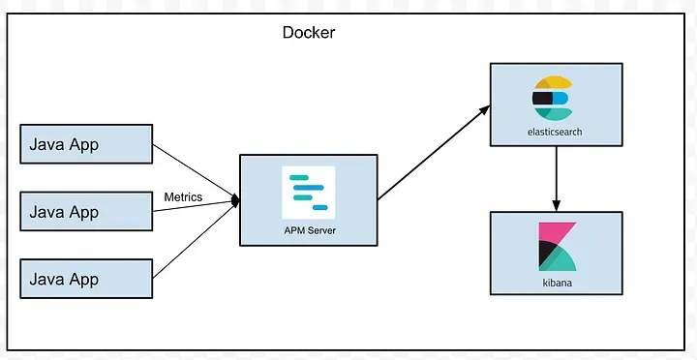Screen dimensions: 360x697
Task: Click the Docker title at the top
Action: (x=309, y=32)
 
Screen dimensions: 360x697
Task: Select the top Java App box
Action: (x=86, y=144)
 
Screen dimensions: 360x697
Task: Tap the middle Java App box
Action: (x=86, y=211)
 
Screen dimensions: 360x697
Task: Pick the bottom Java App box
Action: (x=86, y=279)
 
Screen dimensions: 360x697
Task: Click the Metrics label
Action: (x=183, y=196)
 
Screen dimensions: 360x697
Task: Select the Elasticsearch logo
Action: (x=554, y=98)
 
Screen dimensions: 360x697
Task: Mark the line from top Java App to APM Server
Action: (x=194, y=171)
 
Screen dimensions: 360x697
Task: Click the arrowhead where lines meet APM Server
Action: (x=234, y=200)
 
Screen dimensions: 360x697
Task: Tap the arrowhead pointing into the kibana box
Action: (x=555, y=205)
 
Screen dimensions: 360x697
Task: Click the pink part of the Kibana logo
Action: (x=556, y=232)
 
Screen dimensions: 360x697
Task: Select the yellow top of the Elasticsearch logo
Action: (x=554, y=81)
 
